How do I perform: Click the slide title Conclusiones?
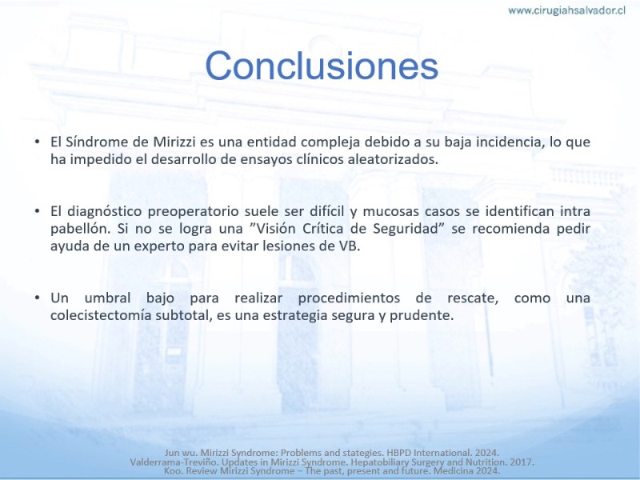pyautogui.click(x=322, y=66)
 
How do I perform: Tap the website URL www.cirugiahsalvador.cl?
pyautogui.click(x=567, y=10)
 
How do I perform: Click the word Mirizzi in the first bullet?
pyautogui.click(x=174, y=142)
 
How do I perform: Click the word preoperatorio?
pyautogui.click(x=193, y=211)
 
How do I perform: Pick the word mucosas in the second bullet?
pyautogui.click(x=391, y=211)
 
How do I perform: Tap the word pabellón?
pyautogui.click(x=81, y=229)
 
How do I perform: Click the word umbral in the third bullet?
pyautogui.click(x=107, y=298)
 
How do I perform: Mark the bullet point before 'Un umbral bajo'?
pyautogui.click(x=38, y=298)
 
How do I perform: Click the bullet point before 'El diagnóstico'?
pyautogui.click(x=38, y=211)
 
